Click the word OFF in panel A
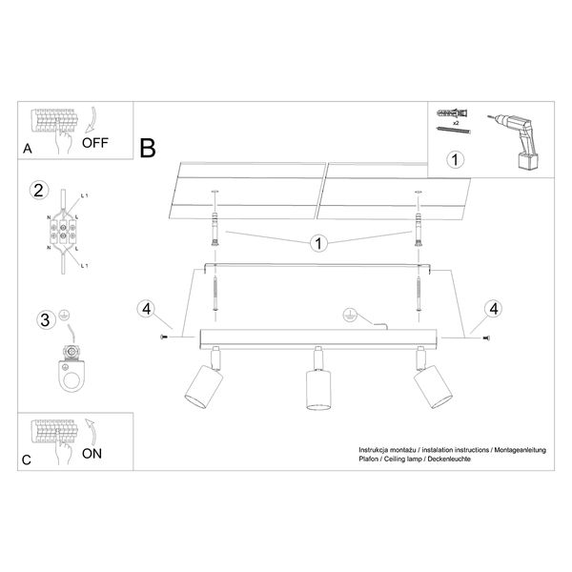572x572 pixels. pos(94,143)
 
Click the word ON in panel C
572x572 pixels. pos(92,454)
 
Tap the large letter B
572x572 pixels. pos(148,148)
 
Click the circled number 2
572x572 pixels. pos(39,190)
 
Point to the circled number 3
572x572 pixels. pos(46,320)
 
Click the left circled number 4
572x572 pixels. pos(146,309)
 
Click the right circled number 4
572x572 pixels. pos(493,309)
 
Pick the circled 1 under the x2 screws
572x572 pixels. pos(455,159)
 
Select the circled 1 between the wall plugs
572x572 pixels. pos(318,243)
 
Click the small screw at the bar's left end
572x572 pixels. pos(163,337)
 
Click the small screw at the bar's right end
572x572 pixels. pos(486,338)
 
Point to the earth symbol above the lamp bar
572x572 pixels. pos(350,316)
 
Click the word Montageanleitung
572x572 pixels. pos(521,450)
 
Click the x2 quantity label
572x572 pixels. pos(456,123)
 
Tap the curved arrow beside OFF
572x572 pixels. pos(91,120)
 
